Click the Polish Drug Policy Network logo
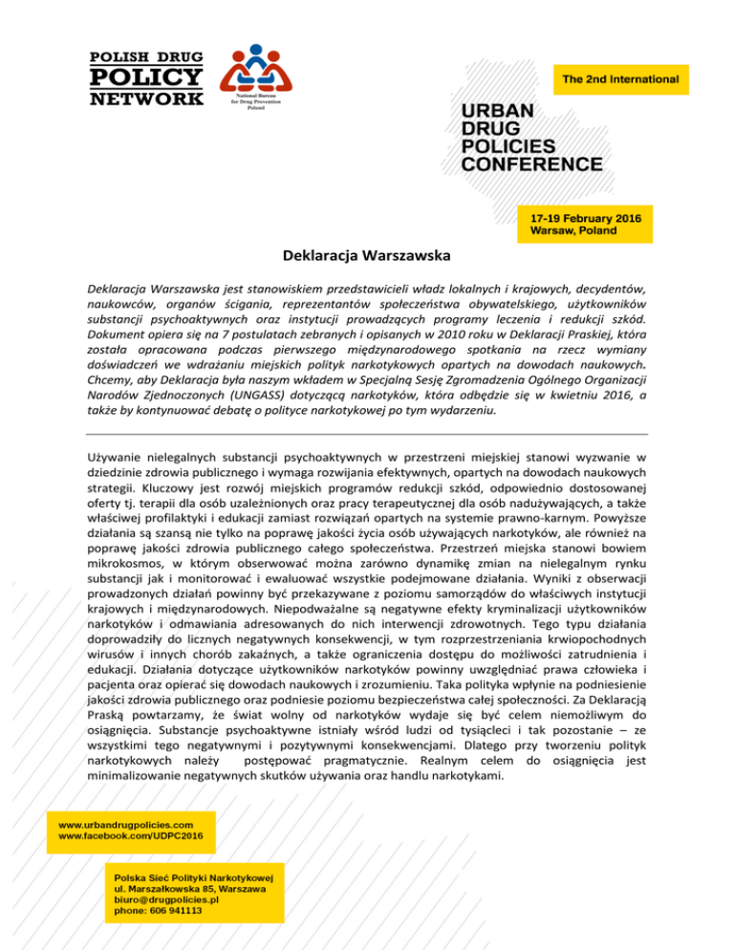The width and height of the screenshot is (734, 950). coord(146,76)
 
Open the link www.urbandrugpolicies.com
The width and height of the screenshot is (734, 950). coord(126,823)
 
